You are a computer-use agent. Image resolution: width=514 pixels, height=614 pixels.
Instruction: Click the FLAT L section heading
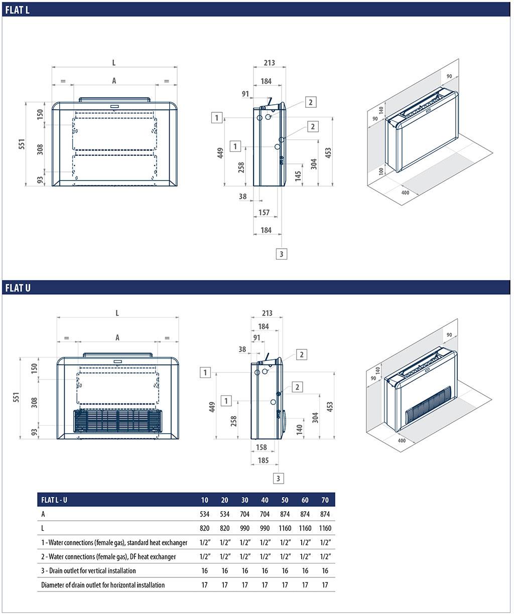click(18, 10)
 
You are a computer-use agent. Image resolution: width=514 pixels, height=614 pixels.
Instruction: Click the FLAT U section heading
click(18, 288)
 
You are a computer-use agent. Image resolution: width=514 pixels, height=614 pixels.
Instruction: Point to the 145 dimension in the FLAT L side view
click(298, 175)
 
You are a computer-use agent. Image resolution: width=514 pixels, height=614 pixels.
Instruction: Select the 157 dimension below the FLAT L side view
click(264, 213)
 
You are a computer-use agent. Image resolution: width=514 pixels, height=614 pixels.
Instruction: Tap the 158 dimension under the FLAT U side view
click(262, 447)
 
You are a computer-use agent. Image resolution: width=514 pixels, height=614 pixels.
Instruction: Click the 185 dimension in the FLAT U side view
click(263, 460)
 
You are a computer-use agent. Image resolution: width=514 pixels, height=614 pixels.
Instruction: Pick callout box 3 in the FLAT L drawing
click(281, 254)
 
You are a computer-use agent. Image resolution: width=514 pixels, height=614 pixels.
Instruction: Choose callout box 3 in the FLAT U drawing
click(279, 478)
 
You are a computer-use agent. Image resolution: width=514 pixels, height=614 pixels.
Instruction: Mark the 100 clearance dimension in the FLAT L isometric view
click(382, 171)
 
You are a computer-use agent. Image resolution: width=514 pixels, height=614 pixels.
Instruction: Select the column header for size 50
click(285, 500)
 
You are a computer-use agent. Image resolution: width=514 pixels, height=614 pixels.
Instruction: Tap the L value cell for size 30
click(244, 528)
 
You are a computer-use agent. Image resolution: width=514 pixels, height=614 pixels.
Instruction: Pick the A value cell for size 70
click(325, 514)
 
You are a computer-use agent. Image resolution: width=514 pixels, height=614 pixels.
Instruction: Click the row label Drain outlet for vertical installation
click(88, 570)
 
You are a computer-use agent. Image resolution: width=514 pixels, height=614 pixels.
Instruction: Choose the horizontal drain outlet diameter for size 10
click(204, 584)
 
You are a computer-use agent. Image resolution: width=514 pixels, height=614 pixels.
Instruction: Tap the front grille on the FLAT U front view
click(118, 422)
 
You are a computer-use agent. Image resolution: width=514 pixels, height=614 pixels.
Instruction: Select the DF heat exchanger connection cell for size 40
click(265, 556)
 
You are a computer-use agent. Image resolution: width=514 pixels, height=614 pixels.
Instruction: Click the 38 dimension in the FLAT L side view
click(243, 196)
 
